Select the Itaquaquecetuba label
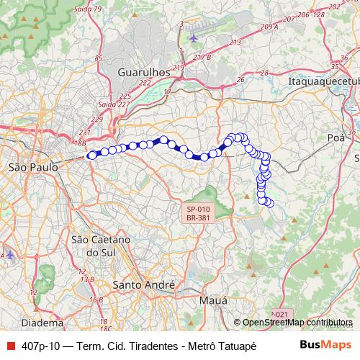point(323,81)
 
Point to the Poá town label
point(336,137)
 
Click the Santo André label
point(144,285)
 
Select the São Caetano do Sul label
point(100,246)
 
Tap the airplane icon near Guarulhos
point(195,37)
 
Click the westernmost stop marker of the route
point(91,155)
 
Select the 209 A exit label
point(269,27)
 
